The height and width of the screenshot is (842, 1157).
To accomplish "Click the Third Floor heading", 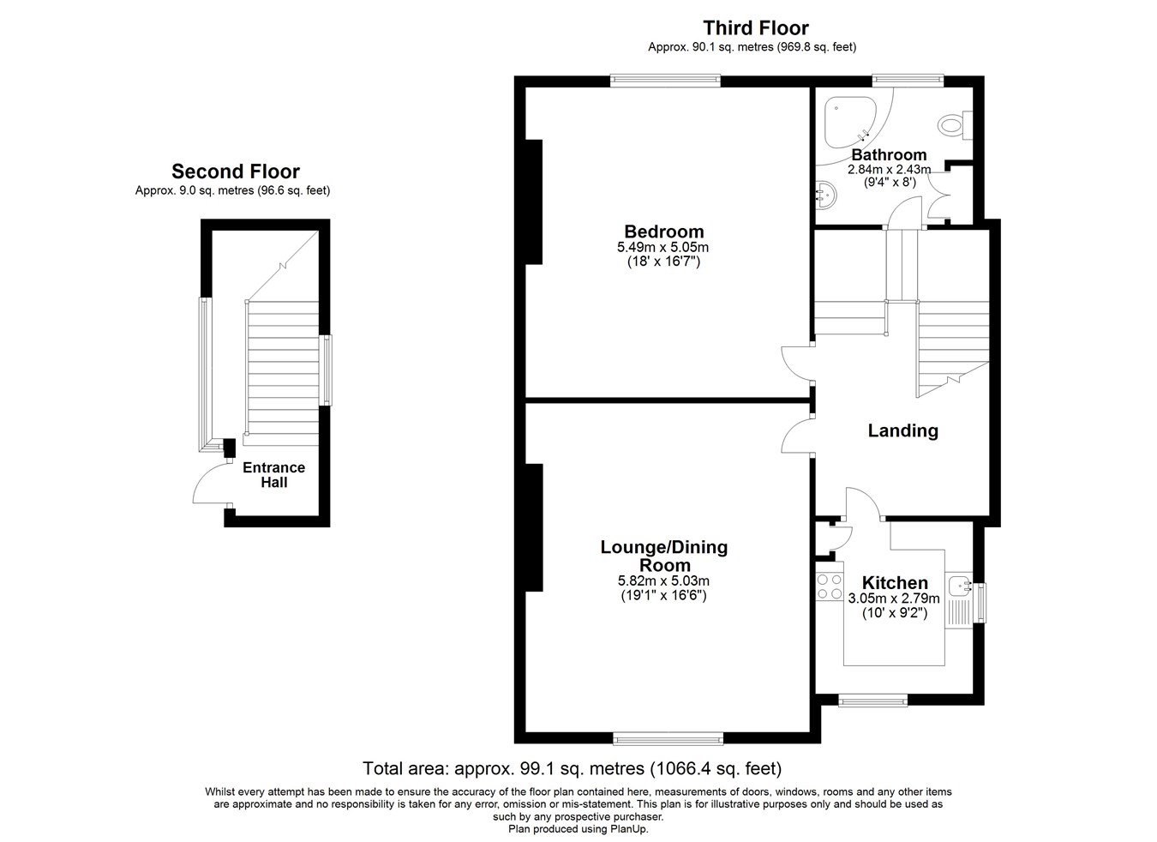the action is tap(756, 27).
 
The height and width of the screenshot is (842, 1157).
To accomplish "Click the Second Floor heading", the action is tap(236, 171).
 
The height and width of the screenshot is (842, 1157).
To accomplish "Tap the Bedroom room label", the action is tap(663, 231).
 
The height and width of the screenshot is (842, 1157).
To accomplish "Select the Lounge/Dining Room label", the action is tap(663, 556).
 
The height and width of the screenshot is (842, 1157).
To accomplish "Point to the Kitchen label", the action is tap(895, 582).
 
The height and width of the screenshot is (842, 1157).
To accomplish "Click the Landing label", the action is tap(902, 430).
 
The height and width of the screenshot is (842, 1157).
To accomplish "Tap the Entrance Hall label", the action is tap(273, 474).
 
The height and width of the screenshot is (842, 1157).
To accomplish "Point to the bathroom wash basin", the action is tap(827, 195).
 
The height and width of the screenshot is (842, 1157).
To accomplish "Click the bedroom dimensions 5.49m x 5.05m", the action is tap(662, 247).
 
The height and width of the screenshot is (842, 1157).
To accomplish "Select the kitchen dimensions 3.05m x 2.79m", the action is tap(894, 598).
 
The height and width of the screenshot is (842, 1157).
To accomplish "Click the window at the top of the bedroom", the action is tap(665, 80).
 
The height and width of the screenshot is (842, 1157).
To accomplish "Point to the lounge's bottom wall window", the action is tap(668, 739).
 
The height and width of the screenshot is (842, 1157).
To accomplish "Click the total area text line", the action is tap(572, 768).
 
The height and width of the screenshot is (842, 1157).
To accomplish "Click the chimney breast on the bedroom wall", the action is tap(534, 202).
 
